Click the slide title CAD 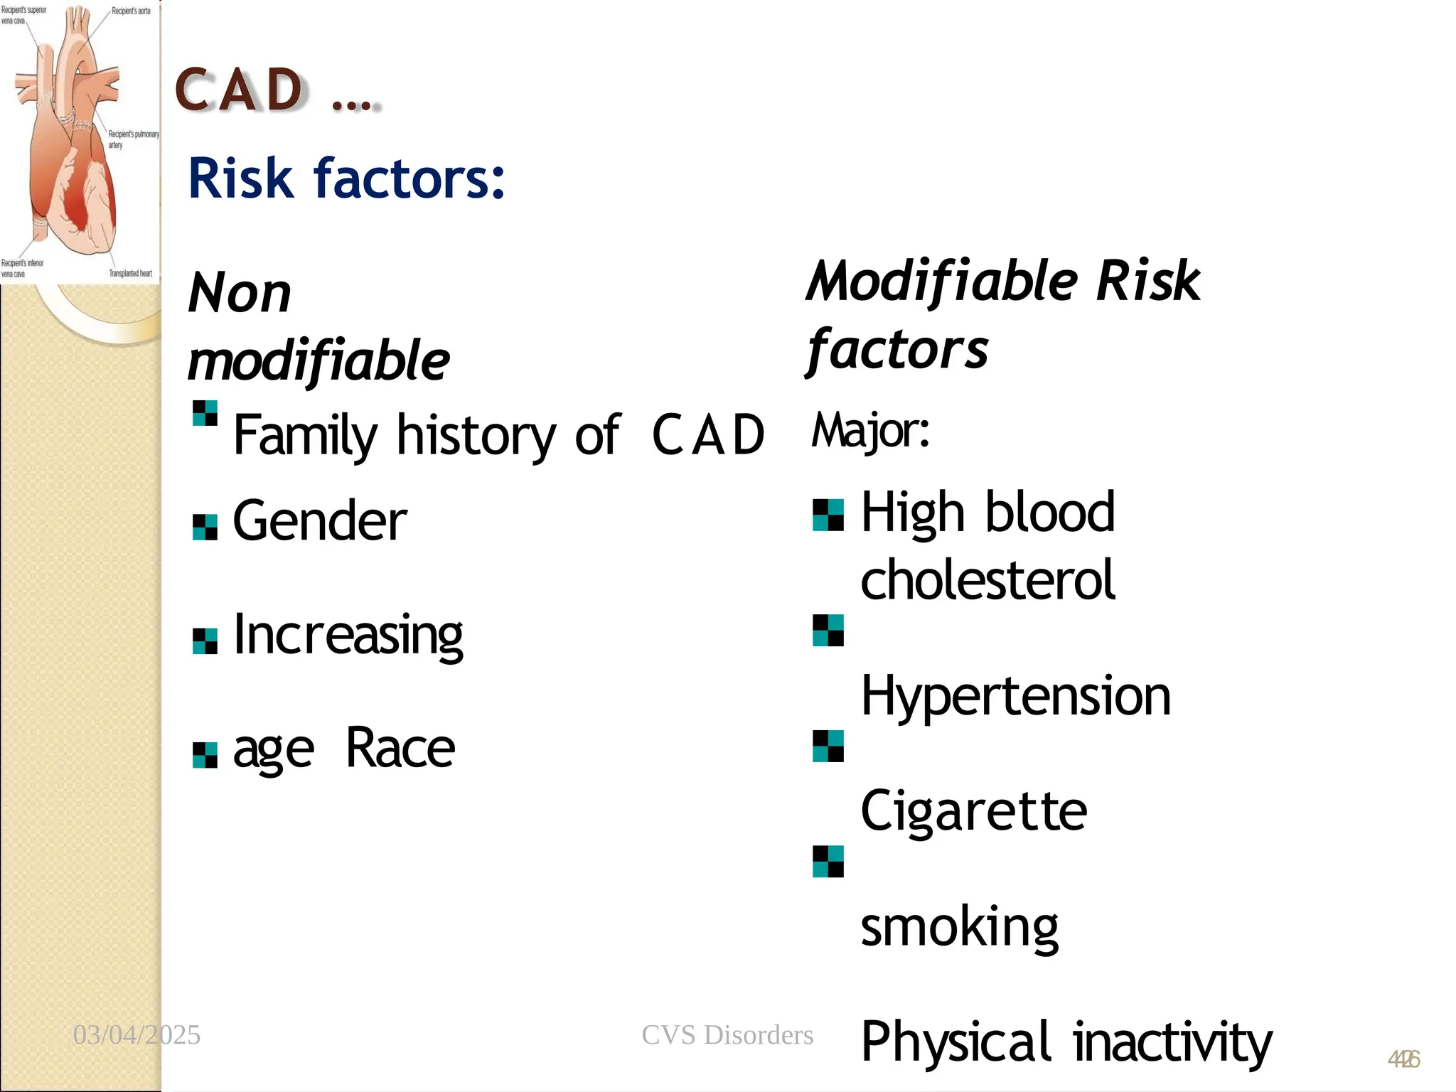[240, 91]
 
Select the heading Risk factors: [346, 179]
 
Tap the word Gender [320, 521]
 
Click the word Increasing [348, 635]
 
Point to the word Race [400, 749]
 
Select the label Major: [870, 431]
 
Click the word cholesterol [987, 580]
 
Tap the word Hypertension [1015, 696]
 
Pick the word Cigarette [973, 811]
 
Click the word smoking [959, 927]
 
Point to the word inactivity [1172, 1042]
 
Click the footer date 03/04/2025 [136, 1035]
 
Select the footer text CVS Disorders [727, 1035]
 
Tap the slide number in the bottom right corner [1403, 1060]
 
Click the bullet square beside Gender [205, 528]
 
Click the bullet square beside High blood [828, 515]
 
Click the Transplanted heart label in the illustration [130, 273]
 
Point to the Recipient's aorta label [131, 11]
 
